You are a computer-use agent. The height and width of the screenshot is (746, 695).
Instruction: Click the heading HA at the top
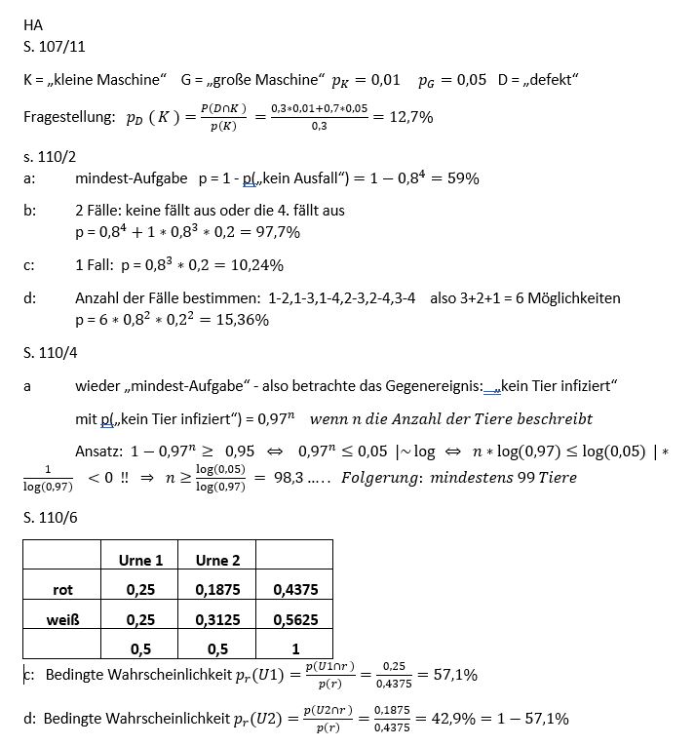(32, 26)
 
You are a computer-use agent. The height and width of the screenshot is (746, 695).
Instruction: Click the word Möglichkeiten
(569, 297)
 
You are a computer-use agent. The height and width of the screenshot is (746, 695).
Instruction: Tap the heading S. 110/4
(47, 352)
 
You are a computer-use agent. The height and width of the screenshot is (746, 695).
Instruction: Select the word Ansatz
(98, 452)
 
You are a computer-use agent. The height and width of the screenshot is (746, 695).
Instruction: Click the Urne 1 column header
(140, 560)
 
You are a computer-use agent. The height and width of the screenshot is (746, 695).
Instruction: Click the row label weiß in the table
(63, 619)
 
